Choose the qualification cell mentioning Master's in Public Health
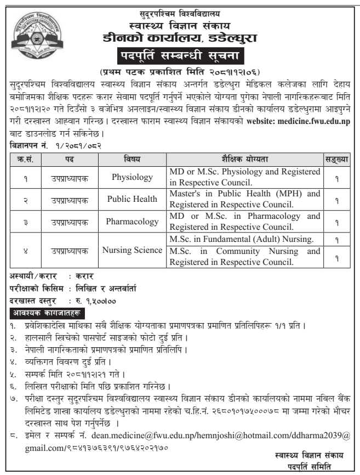click(244, 199)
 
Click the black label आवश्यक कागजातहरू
click(41, 313)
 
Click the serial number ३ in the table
click(26, 220)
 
